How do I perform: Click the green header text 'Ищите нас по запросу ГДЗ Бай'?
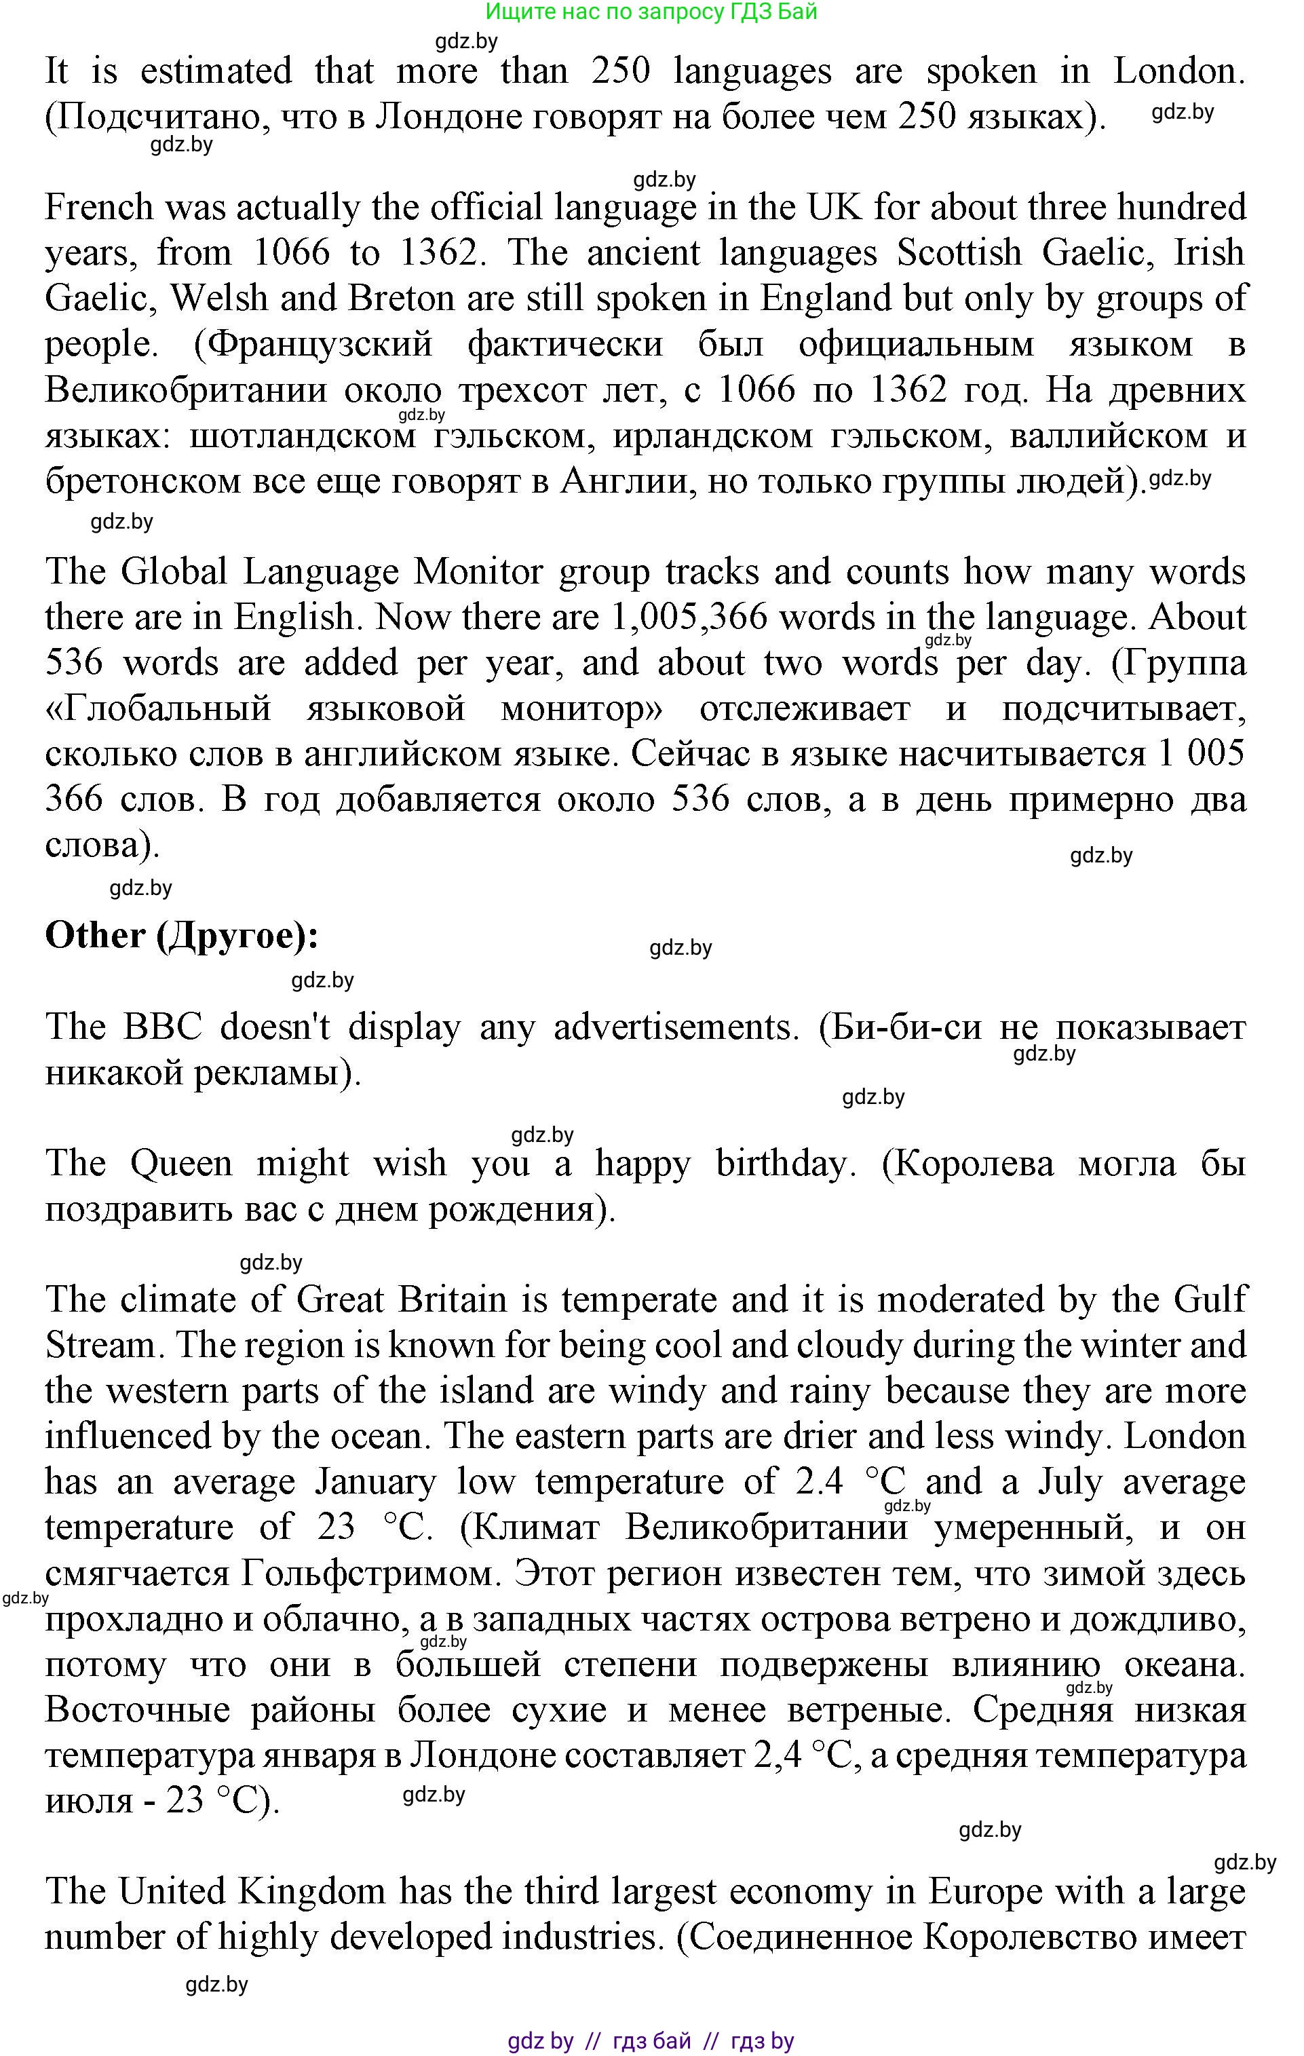[x=651, y=12]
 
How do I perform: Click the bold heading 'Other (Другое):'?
[x=181, y=936]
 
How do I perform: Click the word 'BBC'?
[x=162, y=1027]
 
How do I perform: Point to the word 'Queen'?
[x=181, y=1164]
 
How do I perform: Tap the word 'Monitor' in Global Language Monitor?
[x=478, y=572]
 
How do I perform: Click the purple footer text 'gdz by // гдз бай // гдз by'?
[x=651, y=2042]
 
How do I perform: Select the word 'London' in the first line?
[x=1178, y=71]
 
